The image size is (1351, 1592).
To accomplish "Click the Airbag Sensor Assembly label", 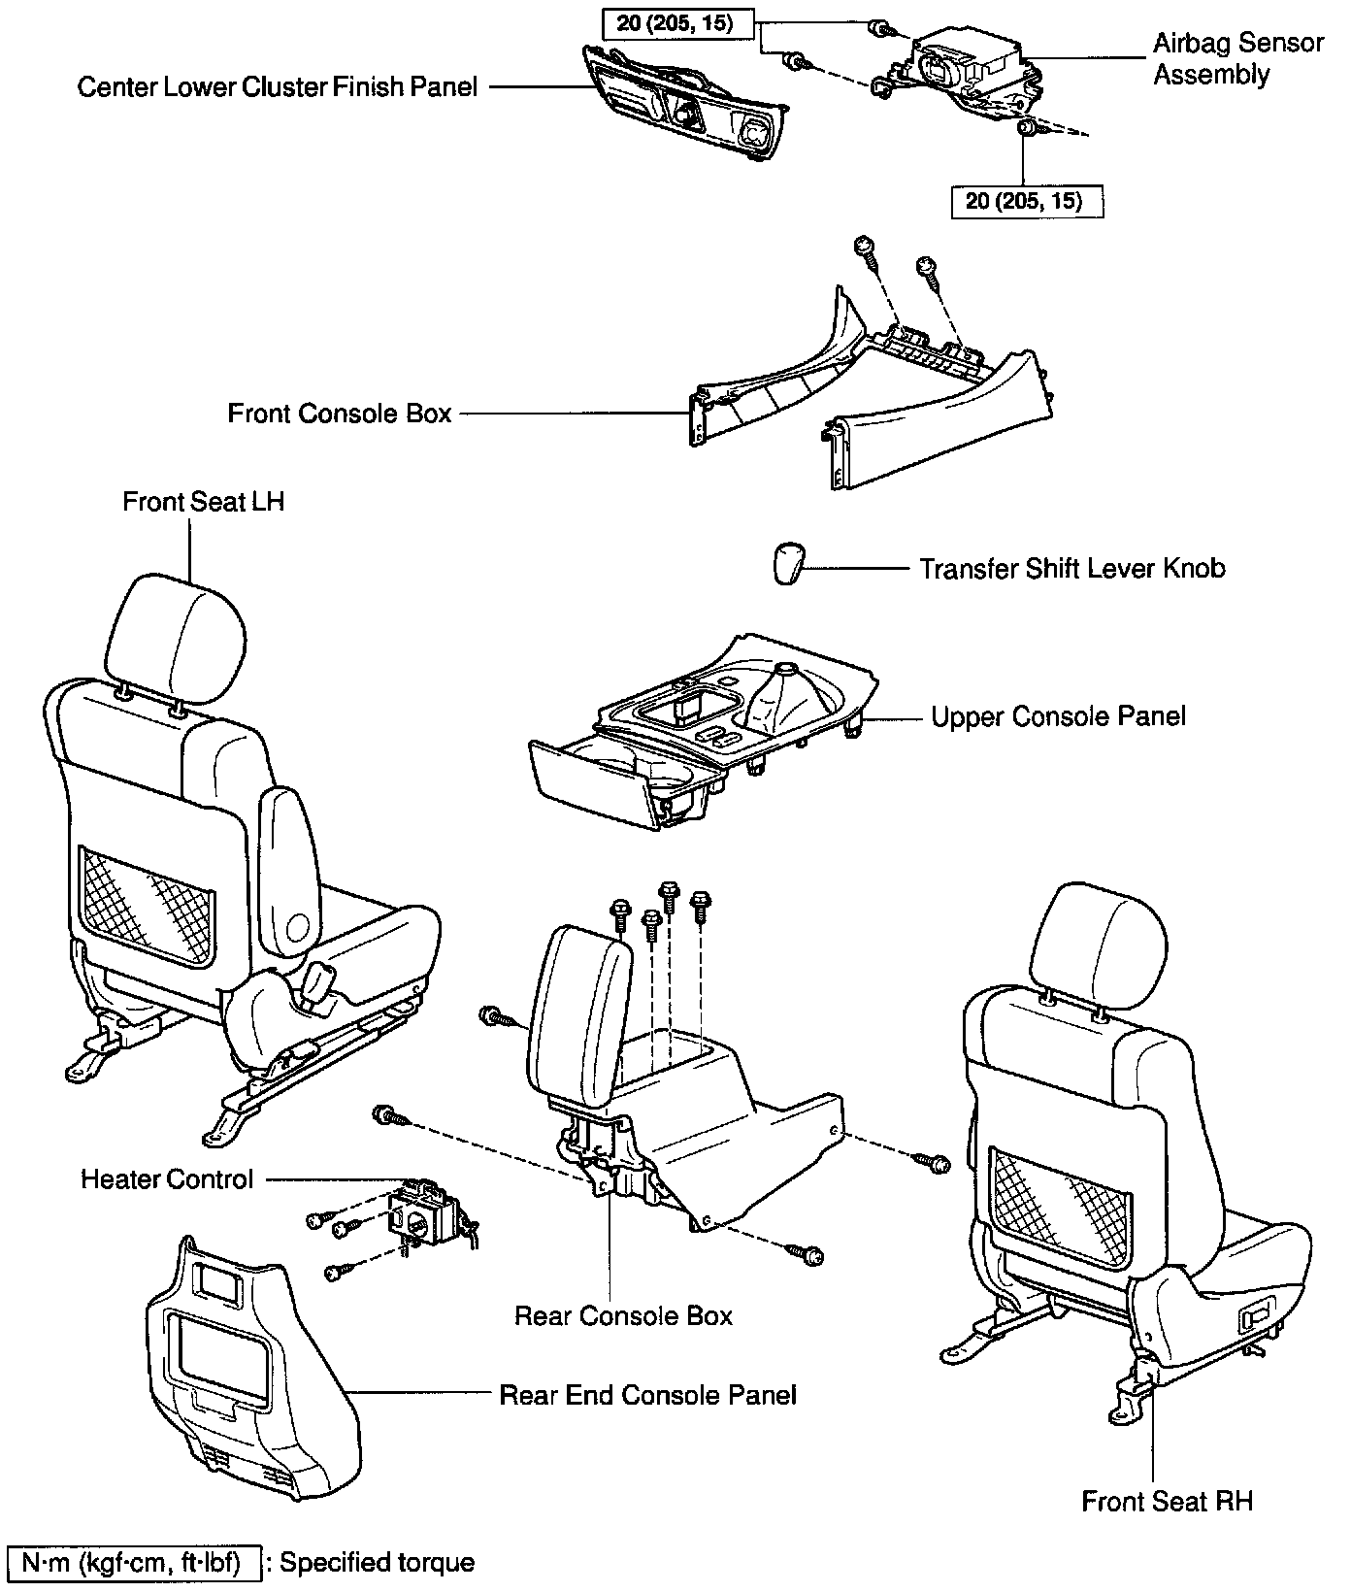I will click(x=1237, y=59).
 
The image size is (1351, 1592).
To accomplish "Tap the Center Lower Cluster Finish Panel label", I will click(x=278, y=87).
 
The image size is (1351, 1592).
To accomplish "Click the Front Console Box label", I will click(x=340, y=414).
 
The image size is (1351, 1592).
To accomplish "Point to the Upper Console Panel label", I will click(x=1058, y=716).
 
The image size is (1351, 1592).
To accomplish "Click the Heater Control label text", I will click(x=167, y=1179).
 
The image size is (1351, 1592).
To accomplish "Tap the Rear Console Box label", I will click(x=623, y=1315).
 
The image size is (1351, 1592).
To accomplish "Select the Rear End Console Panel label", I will click(x=647, y=1395).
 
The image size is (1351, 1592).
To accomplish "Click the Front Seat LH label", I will click(x=204, y=502).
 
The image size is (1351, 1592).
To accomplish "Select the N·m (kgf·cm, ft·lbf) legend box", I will click(x=134, y=1563).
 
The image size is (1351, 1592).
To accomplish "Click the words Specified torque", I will click(x=377, y=1563).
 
